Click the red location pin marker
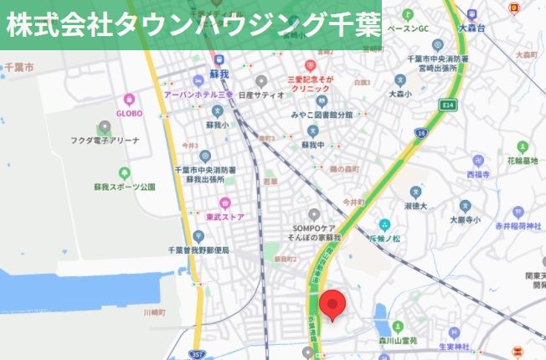(x=332, y=306)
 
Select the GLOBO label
(x=129, y=113)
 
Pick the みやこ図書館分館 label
(x=322, y=114)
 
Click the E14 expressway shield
(x=448, y=105)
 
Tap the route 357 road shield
(x=196, y=354)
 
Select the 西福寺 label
(x=474, y=175)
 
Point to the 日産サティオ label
(x=261, y=95)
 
